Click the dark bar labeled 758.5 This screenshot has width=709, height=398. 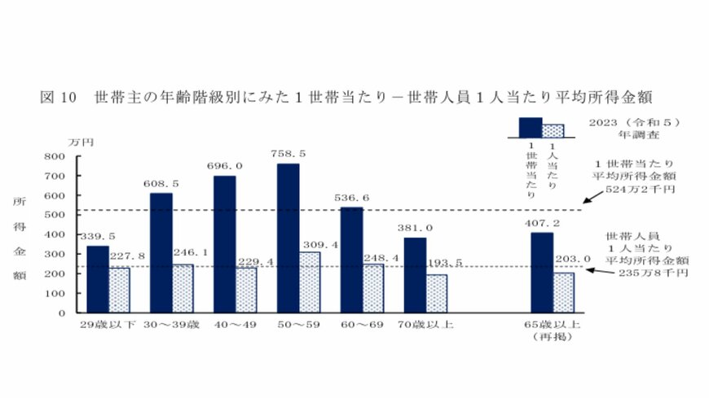(288, 238)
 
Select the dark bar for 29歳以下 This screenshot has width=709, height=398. (97, 278)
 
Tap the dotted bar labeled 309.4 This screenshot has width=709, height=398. (309, 282)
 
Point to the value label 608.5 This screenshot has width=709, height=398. (161, 184)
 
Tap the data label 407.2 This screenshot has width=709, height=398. (542, 222)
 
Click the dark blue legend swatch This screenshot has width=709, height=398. (531, 125)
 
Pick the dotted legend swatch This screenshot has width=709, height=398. (553, 129)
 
